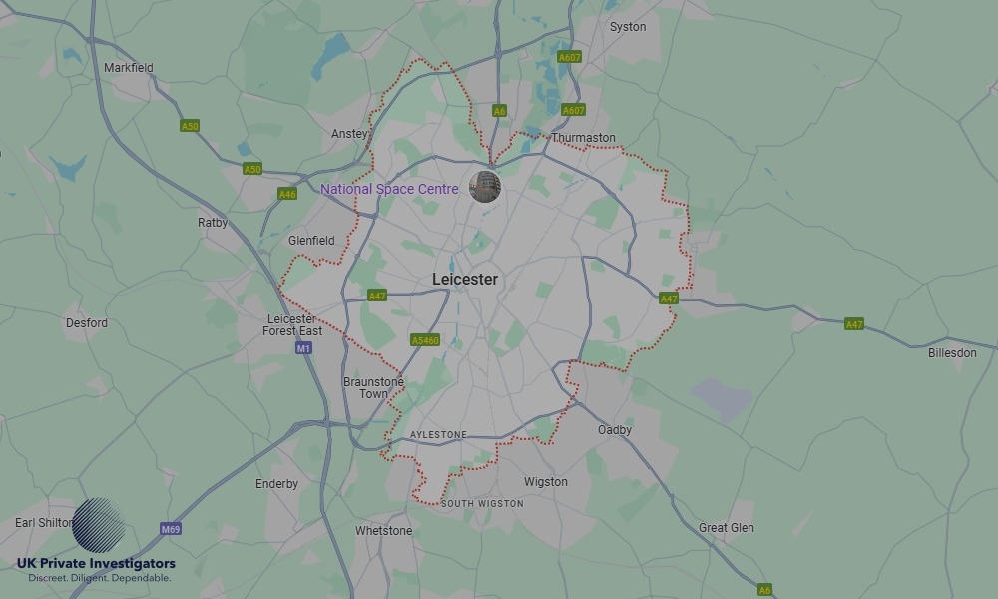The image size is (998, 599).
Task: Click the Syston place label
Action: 628,27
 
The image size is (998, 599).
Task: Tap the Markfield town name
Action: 129,68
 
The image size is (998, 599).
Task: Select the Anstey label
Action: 349,134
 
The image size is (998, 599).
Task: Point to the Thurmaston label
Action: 583,138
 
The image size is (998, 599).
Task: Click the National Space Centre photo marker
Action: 485,186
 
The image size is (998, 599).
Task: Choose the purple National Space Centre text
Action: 389,189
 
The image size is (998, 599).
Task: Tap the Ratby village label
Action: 213,223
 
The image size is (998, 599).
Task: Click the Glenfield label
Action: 311,241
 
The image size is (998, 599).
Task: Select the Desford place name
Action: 87,323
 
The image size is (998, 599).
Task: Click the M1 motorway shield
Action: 304,348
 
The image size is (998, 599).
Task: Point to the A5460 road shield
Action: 425,340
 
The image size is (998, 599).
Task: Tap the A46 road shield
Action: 287,194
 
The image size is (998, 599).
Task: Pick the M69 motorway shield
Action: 171,529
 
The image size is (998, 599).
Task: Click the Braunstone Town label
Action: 373,388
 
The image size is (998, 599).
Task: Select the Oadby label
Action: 615,430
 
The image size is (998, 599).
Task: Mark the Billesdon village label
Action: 952,353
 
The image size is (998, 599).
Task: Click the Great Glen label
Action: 727,528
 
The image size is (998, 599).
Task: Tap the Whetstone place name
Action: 383,531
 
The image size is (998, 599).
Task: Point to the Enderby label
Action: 276,484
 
